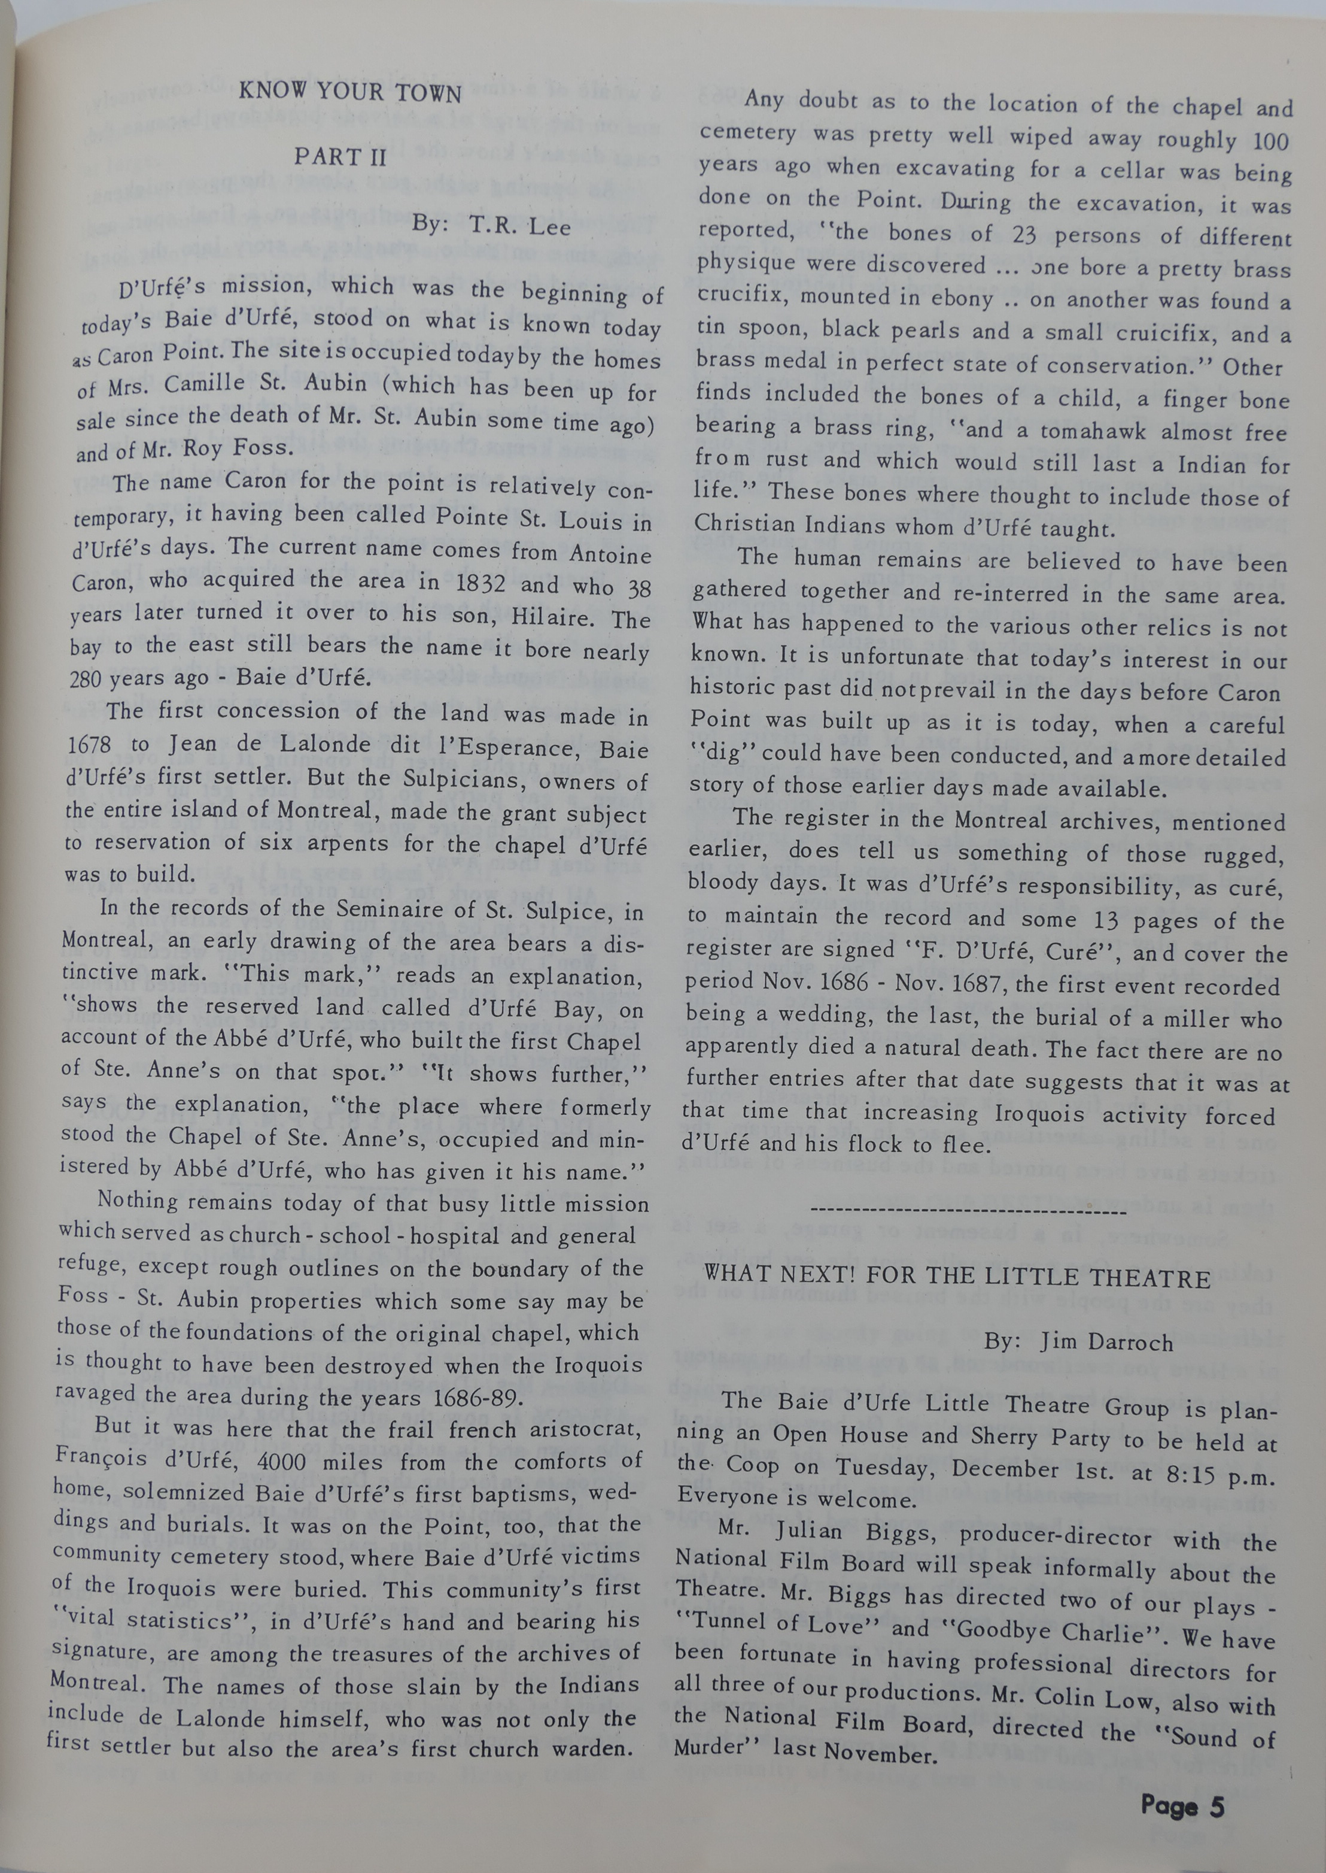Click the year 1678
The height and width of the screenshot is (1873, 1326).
point(96,744)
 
